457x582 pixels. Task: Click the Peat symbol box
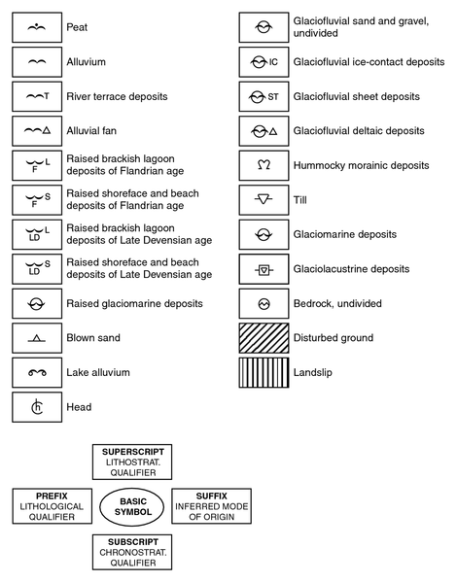(x=37, y=27)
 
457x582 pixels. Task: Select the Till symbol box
(x=264, y=200)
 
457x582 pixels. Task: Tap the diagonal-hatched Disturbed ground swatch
(x=264, y=338)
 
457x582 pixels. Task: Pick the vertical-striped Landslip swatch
(x=264, y=373)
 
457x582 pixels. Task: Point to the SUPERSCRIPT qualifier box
(x=132, y=462)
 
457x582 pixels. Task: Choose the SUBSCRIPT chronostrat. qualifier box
(x=132, y=552)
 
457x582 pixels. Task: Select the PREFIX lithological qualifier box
(x=52, y=506)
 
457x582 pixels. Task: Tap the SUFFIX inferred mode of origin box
(x=211, y=506)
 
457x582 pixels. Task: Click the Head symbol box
(x=37, y=407)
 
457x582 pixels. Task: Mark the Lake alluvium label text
(x=98, y=373)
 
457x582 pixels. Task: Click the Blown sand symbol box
(x=37, y=338)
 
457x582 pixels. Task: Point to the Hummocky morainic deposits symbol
(x=264, y=165)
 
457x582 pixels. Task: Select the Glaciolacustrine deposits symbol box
(x=264, y=269)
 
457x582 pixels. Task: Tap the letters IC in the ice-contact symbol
(x=273, y=62)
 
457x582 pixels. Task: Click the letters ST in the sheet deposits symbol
(x=273, y=97)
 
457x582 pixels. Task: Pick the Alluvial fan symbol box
(x=37, y=131)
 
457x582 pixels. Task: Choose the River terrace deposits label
(x=117, y=96)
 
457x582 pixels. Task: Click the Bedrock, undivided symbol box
(x=264, y=303)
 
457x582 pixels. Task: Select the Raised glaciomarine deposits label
(x=134, y=303)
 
